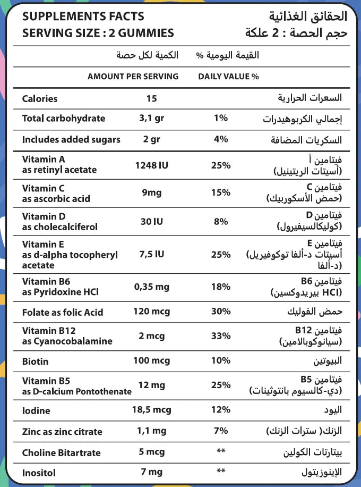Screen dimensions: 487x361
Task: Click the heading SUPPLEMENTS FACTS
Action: [x=83, y=17]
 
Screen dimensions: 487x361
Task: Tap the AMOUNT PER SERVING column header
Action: [x=133, y=77]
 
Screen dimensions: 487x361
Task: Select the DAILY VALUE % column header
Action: [x=228, y=77]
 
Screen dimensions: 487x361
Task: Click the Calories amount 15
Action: [x=151, y=98]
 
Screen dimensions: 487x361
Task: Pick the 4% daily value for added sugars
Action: [x=220, y=139]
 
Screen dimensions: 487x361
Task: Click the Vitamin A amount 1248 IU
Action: [x=151, y=165]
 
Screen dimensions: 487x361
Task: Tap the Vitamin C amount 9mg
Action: [x=151, y=192]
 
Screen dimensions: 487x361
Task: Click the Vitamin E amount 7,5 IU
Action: [x=151, y=254]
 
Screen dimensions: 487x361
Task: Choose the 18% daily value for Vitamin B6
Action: [x=220, y=287]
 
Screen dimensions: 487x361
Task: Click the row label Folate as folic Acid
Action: [x=63, y=312]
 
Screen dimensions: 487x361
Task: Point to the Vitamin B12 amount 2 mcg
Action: [x=151, y=336]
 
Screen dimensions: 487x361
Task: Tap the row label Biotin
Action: [x=35, y=362]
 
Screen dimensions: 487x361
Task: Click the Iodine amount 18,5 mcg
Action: [x=151, y=410]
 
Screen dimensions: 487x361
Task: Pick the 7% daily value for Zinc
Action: [x=220, y=431]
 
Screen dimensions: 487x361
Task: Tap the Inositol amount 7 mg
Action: [x=151, y=472]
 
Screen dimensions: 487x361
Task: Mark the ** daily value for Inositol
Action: [x=221, y=472]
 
